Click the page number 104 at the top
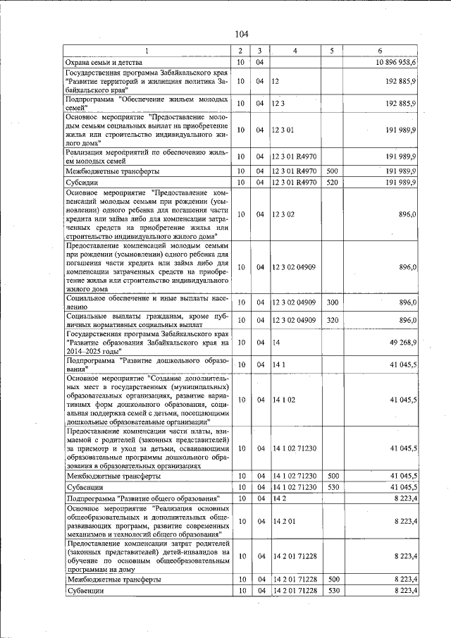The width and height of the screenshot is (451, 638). [x=242, y=34]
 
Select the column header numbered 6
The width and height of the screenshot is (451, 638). [x=380, y=51]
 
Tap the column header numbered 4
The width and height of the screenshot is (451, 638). [x=295, y=51]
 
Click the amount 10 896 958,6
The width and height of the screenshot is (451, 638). [x=392, y=63]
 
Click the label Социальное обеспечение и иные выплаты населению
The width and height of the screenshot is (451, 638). [x=147, y=302]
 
